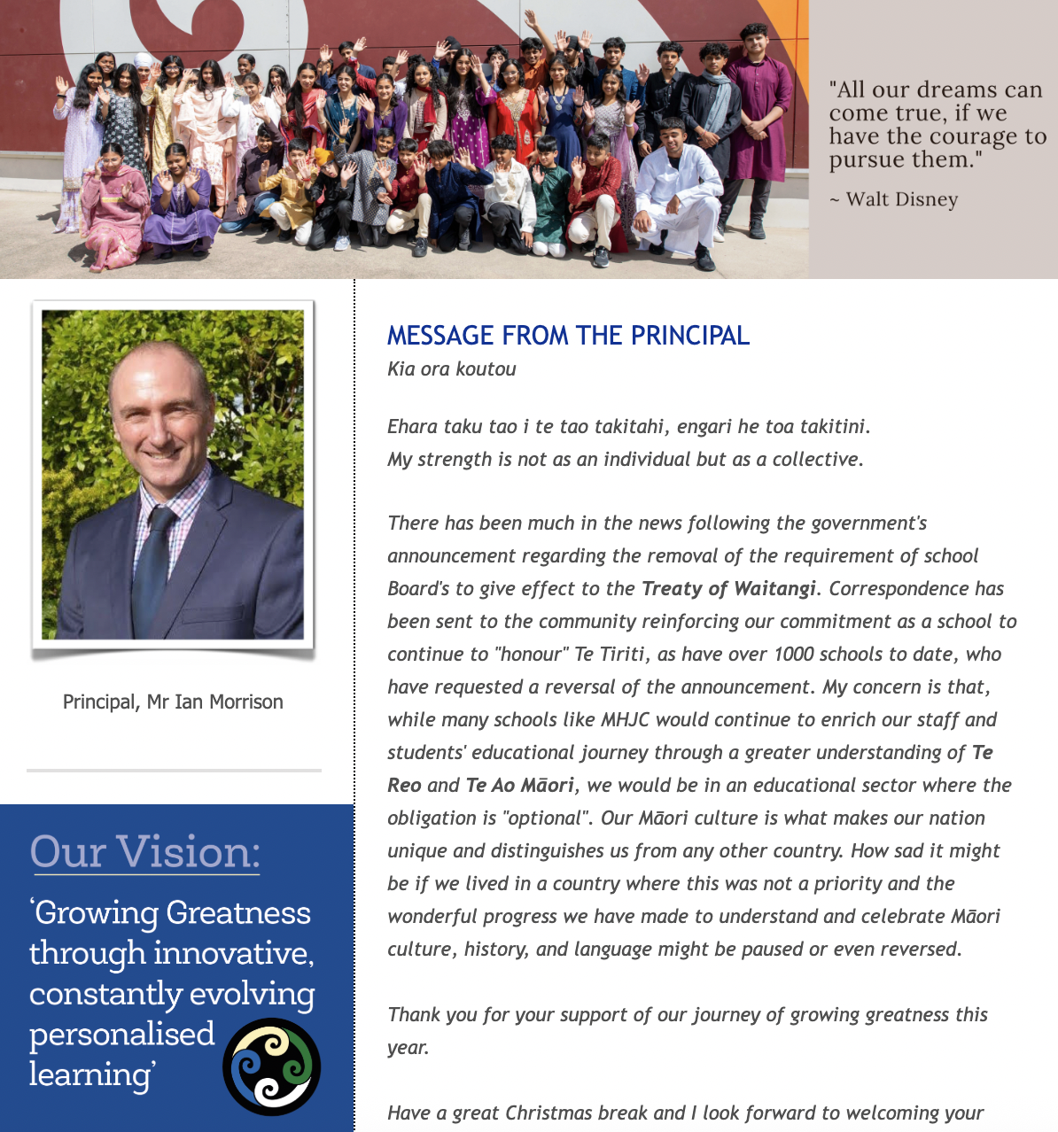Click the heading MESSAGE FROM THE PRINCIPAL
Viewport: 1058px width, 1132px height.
[x=568, y=335]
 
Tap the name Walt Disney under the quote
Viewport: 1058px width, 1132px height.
[x=901, y=199]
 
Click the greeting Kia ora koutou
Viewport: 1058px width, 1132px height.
[x=452, y=369]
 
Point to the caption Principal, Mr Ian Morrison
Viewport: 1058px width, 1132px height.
[x=173, y=702]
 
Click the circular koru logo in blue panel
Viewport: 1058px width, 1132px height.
[x=271, y=1066]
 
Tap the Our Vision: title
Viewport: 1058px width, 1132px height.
[x=144, y=852]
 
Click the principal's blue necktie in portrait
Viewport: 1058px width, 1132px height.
[x=155, y=567]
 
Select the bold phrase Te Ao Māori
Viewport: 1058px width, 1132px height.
[x=519, y=786]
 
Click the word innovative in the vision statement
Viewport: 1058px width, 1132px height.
[x=233, y=953]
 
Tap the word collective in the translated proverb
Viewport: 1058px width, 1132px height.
[x=816, y=460]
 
